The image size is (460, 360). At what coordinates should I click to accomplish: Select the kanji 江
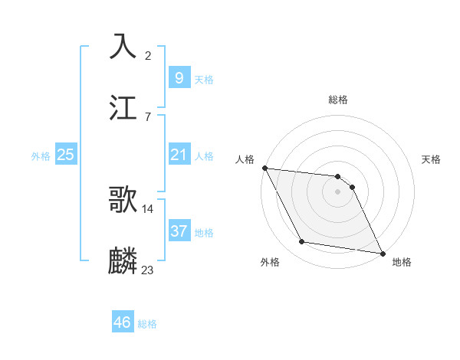(123, 107)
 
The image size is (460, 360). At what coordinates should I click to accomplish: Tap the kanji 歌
(123, 199)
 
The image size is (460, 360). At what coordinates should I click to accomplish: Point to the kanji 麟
(123, 260)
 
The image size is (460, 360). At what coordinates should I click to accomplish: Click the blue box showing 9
(179, 77)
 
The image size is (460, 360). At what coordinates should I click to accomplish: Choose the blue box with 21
(179, 155)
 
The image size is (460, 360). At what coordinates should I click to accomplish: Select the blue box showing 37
(179, 231)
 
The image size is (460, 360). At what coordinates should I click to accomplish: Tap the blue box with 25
(66, 155)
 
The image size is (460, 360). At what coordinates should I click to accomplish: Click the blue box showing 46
(122, 322)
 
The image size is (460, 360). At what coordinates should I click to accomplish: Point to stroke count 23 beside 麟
(148, 270)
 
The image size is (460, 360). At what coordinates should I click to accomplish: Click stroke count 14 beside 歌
(148, 208)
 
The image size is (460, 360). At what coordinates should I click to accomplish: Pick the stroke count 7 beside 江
(147, 116)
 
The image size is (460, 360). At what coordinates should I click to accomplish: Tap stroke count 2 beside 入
(147, 55)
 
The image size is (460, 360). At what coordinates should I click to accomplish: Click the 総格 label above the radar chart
(337, 100)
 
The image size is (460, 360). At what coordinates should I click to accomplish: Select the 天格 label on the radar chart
(431, 159)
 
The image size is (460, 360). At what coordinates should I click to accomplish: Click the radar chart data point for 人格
(264, 168)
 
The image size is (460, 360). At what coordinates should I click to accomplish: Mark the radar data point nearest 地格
(382, 252)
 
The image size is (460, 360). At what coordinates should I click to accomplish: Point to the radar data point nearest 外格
(302, 242)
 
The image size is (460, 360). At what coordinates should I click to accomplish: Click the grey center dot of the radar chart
(337, 191)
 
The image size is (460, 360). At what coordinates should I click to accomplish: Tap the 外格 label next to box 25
(41, 155)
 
